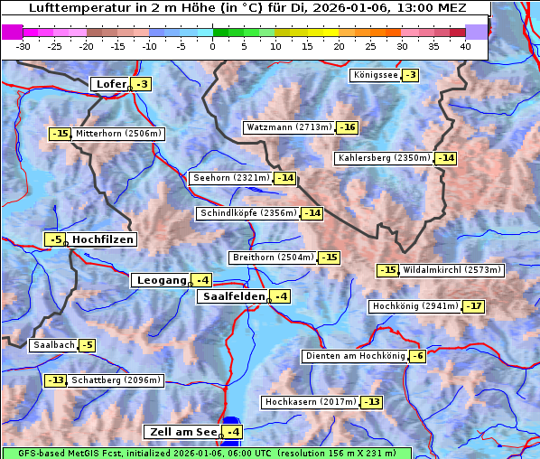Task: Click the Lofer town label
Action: [x=110, y=84]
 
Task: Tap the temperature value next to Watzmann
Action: [x=348, y=127]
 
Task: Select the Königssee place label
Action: [x=375, y=75]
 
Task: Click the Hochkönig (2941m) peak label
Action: [x=414, y=306]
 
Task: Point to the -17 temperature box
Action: [x=474, y=306]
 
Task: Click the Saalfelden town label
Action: [x=233, y=296]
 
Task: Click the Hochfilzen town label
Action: [x=102, y=239]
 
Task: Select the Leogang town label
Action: [x=161, y=280]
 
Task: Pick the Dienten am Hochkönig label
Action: [x=354, y=356]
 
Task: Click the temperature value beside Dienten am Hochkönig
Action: [x=416, y=356]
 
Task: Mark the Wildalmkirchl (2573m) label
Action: [x=452, y=270]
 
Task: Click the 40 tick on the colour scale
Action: [x=465, y=46]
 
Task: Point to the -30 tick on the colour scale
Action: [x=23, y=46]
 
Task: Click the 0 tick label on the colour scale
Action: [x=213, y=46]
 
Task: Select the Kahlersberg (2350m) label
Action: [x=384, y=158]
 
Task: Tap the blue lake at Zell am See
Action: [x=231, y=425]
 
